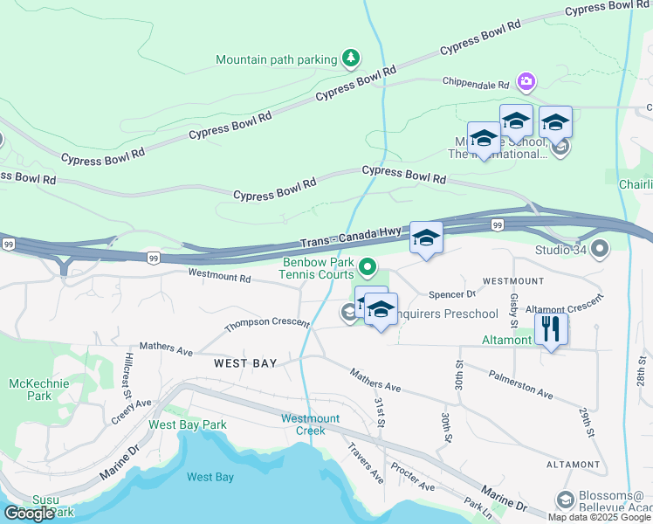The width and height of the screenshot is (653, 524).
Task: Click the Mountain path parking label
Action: (x=276, y=59)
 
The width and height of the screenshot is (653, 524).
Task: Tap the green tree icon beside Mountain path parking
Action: (x=350, y=59)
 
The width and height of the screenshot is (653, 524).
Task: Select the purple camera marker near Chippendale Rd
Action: (x=526, y=82)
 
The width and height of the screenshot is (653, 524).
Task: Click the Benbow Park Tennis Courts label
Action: (x=318, y=268)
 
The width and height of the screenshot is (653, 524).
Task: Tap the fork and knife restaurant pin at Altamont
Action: (x=551, y=328)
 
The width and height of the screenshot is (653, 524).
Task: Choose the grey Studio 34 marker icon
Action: (x=599, y=251)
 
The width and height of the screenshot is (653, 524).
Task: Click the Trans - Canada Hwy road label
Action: (x=351, y=237)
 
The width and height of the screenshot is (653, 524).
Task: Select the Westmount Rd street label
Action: (x=220, y=277)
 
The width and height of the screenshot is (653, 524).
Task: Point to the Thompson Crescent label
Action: (x=266, y=325)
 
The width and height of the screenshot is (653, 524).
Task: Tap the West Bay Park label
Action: (x=188, y=424)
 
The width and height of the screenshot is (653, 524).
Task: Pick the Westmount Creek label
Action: (x=304, y=424)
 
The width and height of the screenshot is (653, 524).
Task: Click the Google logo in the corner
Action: (x=29, y=514)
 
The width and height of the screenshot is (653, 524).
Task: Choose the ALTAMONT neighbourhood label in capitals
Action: (x=573, y=465)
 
